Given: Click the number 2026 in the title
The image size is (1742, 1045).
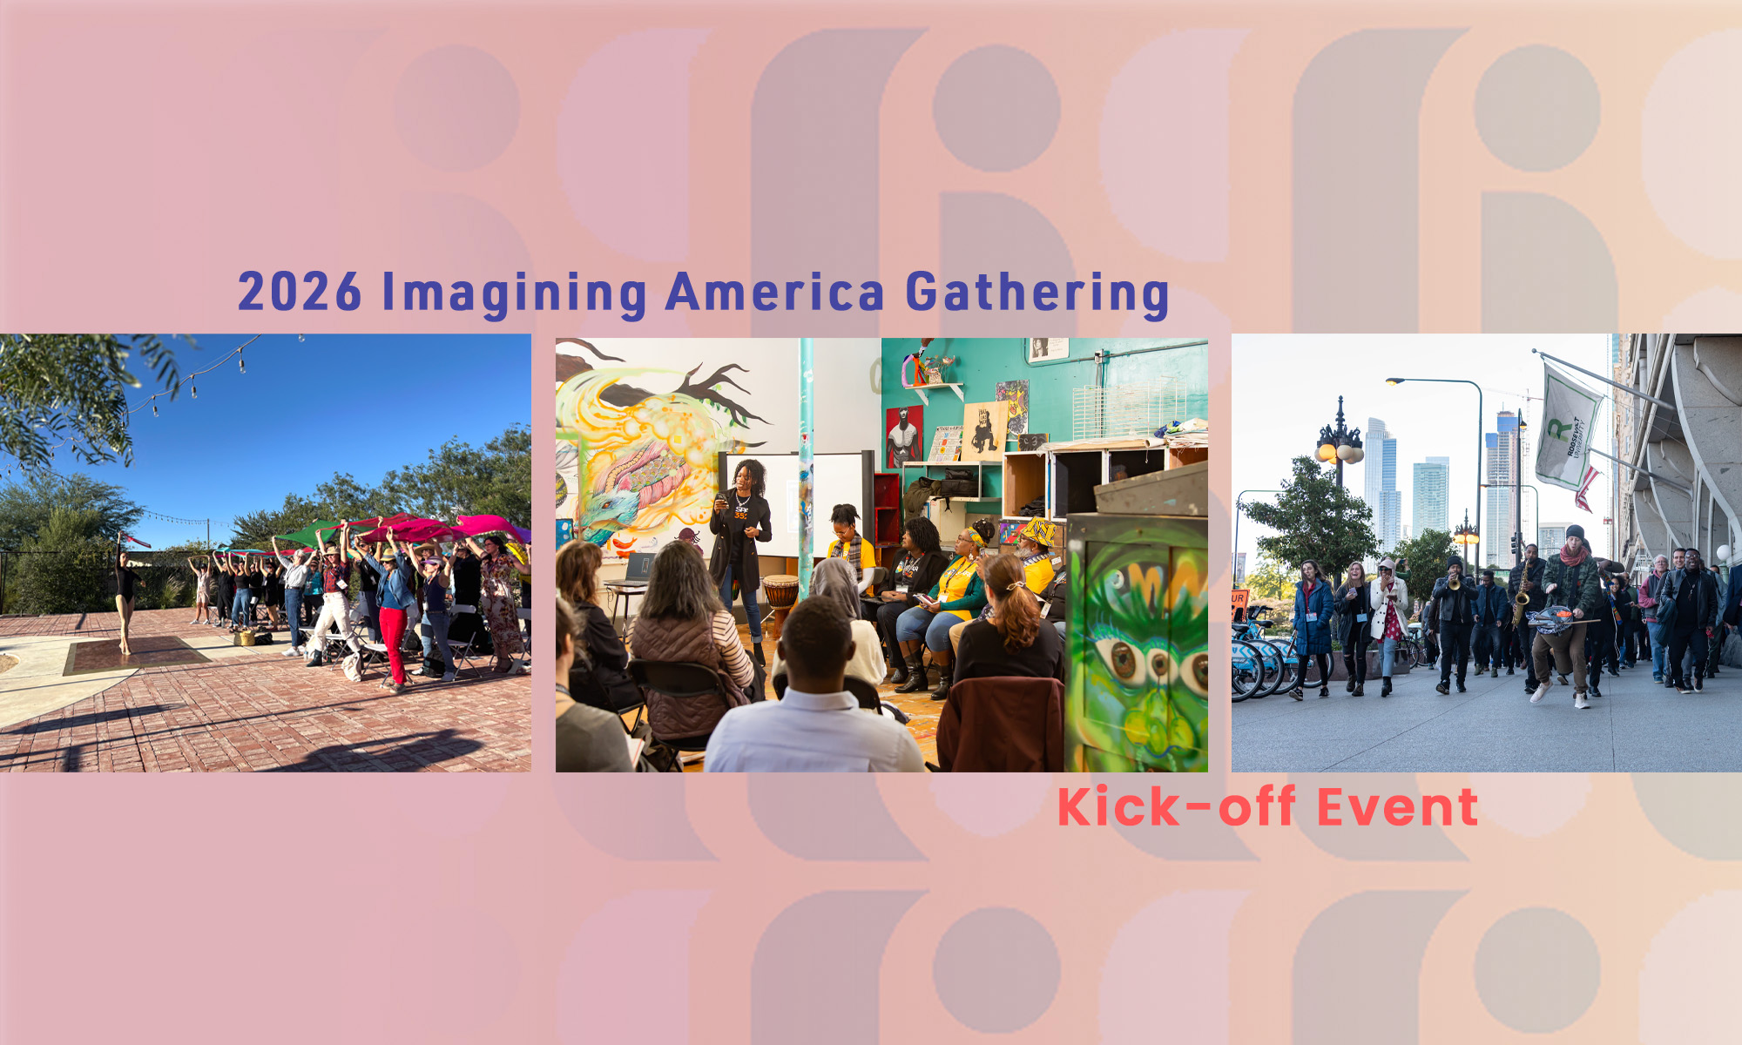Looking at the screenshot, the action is (x=300, y=292).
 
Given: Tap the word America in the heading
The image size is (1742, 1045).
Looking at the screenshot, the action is (x=775, y=292).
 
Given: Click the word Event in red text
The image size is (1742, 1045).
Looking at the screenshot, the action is (x=1397, y=806).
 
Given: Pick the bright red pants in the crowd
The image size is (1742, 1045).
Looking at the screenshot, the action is (x=394, y=644).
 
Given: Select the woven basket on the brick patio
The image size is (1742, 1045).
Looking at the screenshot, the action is (x=245, y=637).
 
